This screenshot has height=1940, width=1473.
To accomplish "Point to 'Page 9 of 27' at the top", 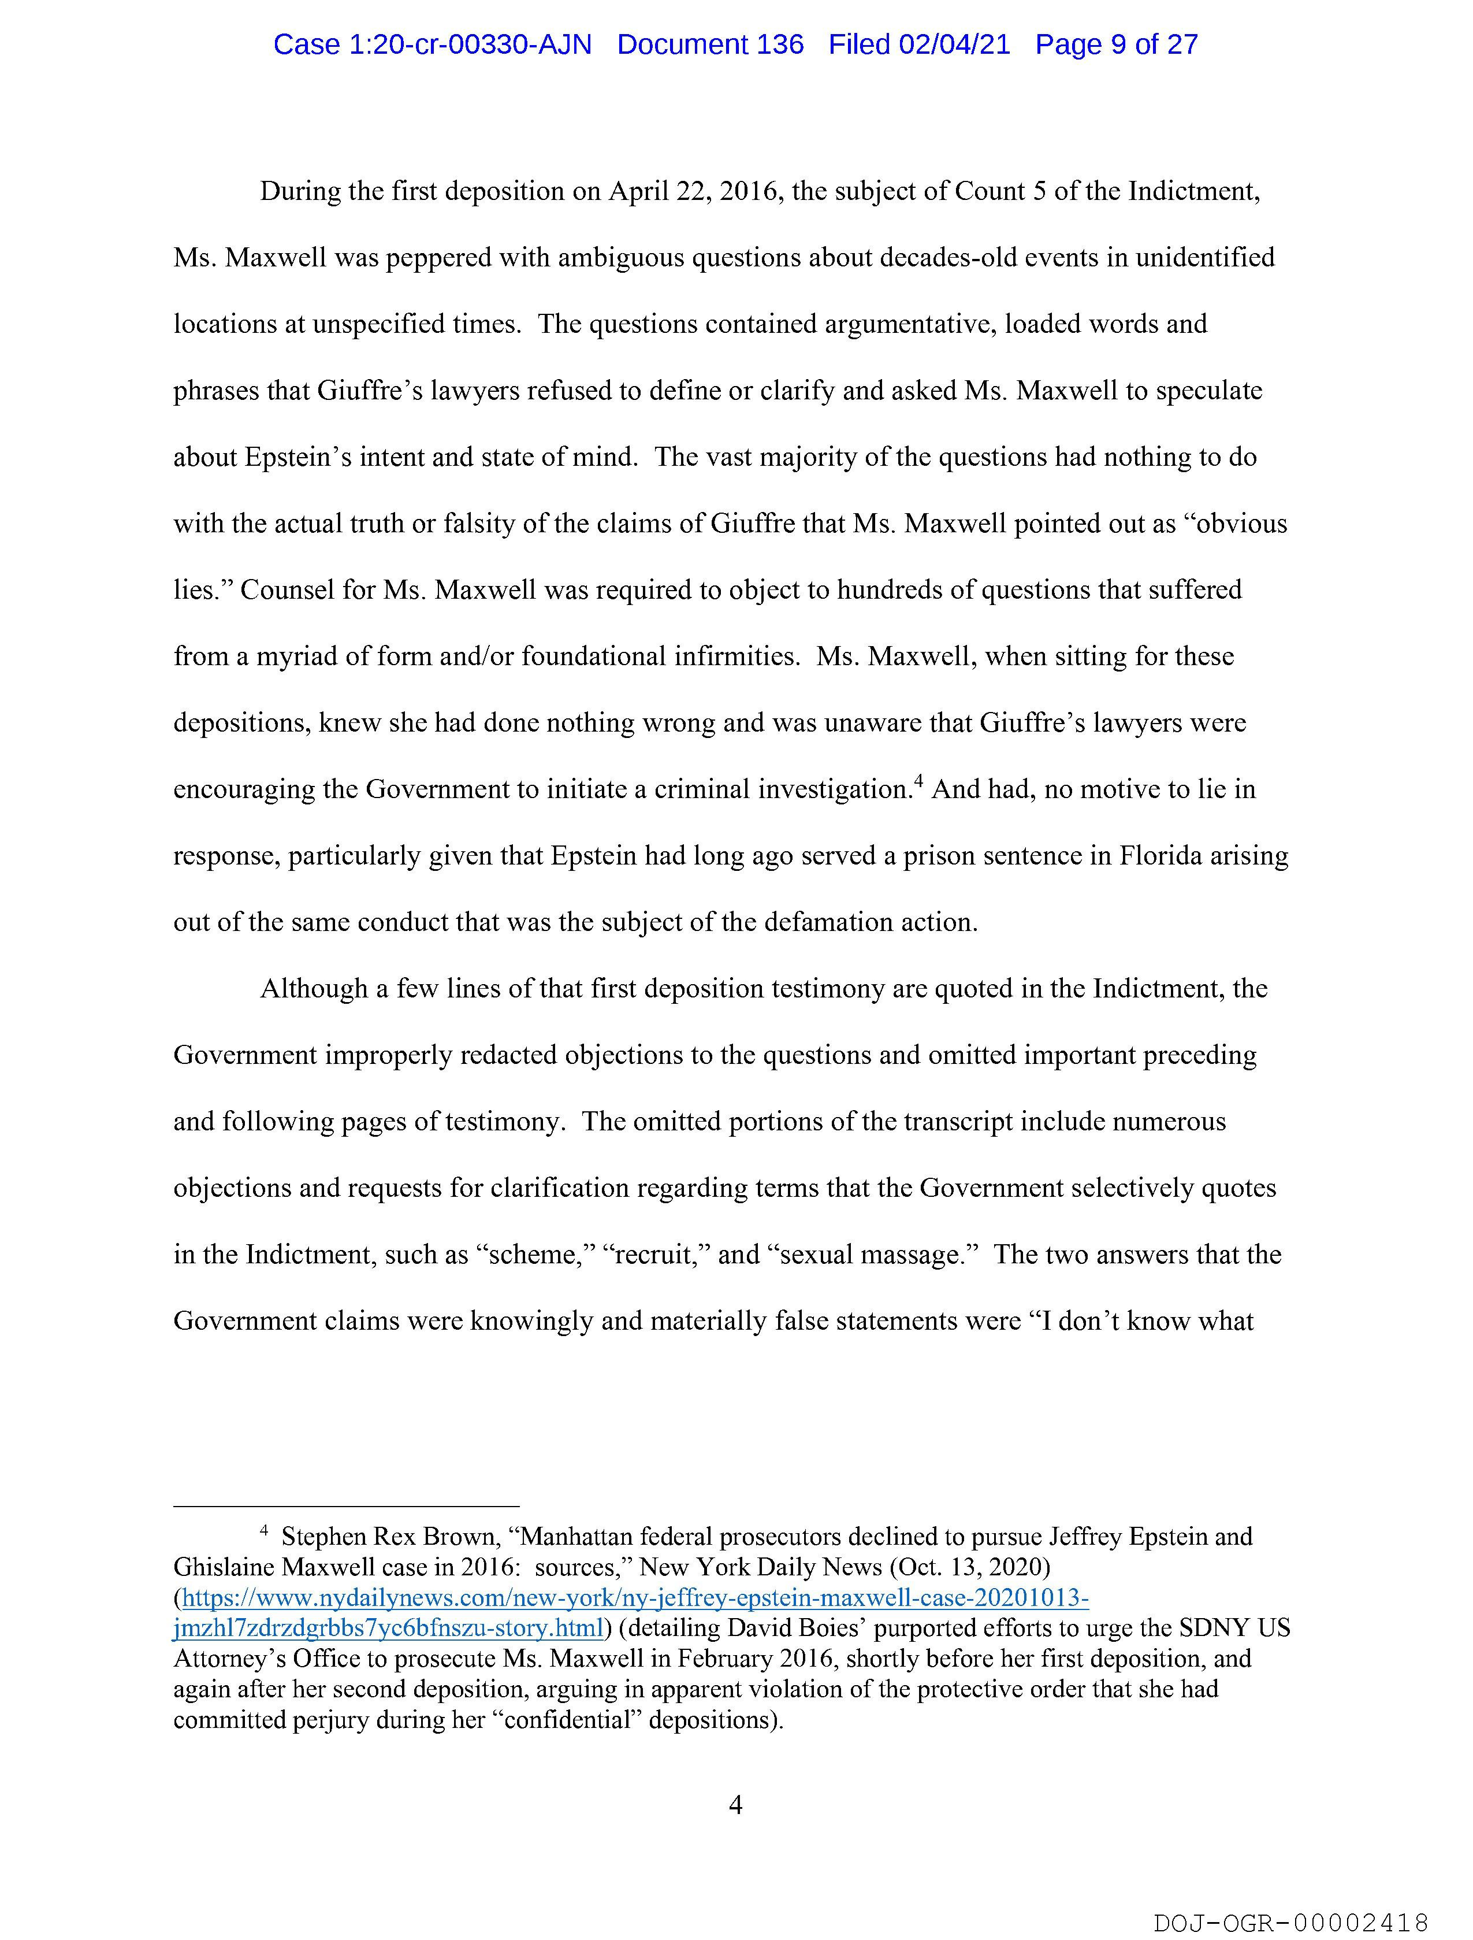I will pos(1116,44).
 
